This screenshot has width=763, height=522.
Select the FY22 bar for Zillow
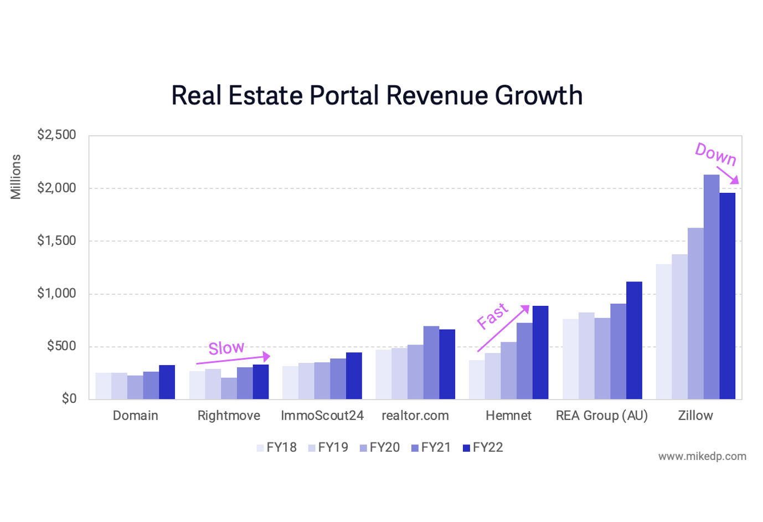tap(728, 296)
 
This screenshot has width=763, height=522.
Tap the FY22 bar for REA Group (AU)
tap(634, 340)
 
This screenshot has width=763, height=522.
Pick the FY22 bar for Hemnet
tap(540, 352)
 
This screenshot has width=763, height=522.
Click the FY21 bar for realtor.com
tap(431, 362)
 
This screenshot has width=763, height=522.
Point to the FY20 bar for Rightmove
tap(229, 388)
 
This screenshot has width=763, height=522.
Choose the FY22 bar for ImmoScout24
tap(354, 376)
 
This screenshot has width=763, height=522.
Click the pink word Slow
tap(226, 348)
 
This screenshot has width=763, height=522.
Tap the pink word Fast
tap(492, 316)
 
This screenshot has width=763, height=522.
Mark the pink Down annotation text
tap(715, 154)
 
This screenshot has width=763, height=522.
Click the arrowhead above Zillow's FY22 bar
tap(734, 180)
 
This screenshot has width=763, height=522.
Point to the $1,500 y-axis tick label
tap(56, 240)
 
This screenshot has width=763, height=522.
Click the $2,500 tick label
tap(56, 135)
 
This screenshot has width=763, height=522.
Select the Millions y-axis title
tap(16, 177)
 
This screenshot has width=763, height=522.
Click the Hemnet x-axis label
tap(508, 416)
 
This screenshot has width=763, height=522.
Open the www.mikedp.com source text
tap(702, 457)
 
